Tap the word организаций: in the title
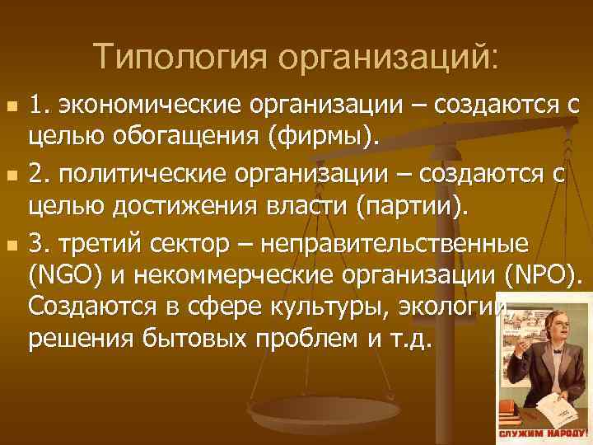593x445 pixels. (x=388, y=57)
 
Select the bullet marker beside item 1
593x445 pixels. (x=11, y=109)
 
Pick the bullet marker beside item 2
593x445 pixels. (x=11, y=176)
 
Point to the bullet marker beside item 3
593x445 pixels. (x=11, y=245)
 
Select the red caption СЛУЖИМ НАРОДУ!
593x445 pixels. (x=544, y=433)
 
